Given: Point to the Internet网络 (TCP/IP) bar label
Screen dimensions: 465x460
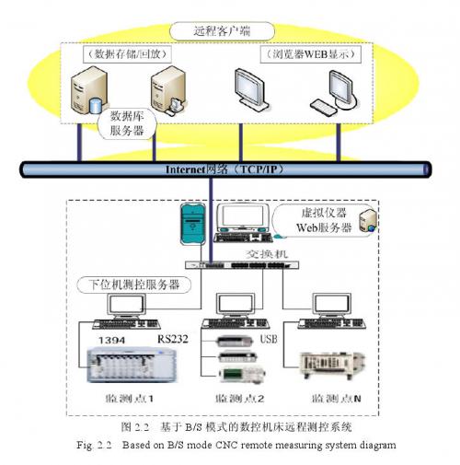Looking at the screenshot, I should (227, 170).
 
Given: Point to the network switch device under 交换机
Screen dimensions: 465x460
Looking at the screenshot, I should (241, 263).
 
